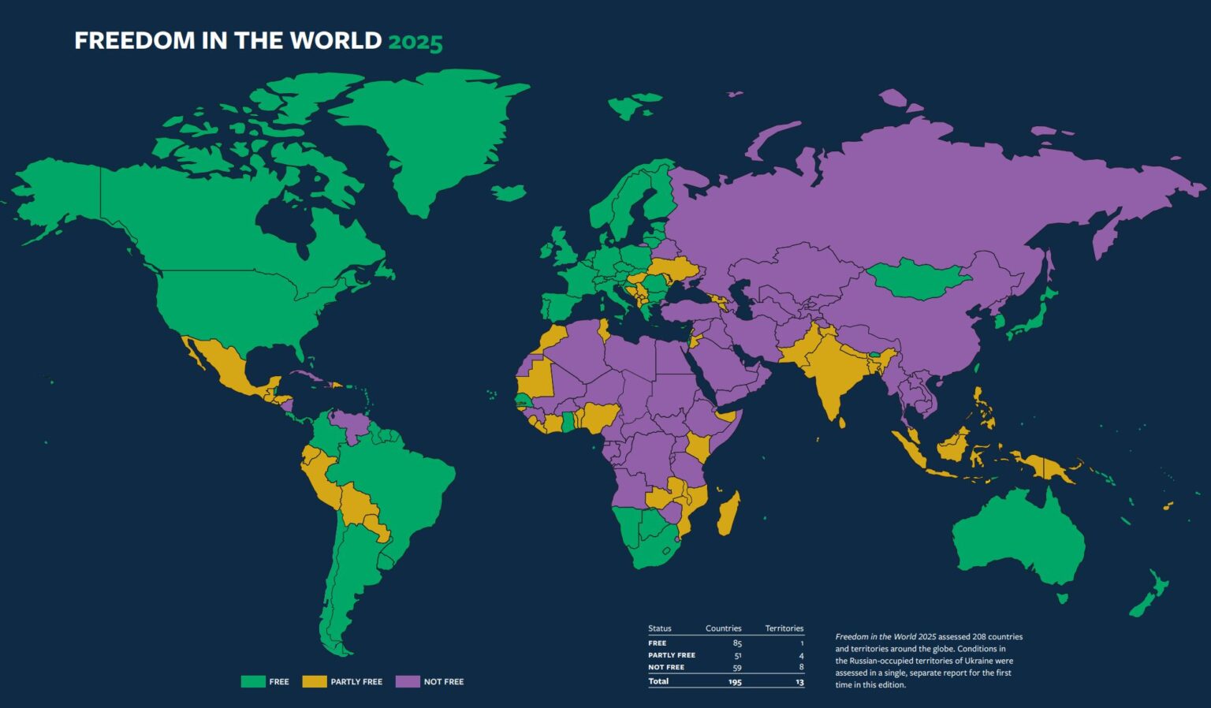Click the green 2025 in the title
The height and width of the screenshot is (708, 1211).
415,41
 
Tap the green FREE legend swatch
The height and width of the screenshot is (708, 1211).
253,681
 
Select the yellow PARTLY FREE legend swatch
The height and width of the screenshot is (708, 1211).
315,681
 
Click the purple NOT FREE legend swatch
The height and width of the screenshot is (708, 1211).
408,681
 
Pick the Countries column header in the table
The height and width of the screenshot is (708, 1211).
723,628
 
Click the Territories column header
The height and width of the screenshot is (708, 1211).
784,628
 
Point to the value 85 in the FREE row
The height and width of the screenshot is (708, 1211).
737,643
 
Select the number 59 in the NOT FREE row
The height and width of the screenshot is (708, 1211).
737,667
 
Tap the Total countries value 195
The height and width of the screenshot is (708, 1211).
735,682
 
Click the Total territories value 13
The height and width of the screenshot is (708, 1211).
799,682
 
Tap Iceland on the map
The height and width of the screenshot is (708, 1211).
509,192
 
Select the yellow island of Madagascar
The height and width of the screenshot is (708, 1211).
728,512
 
